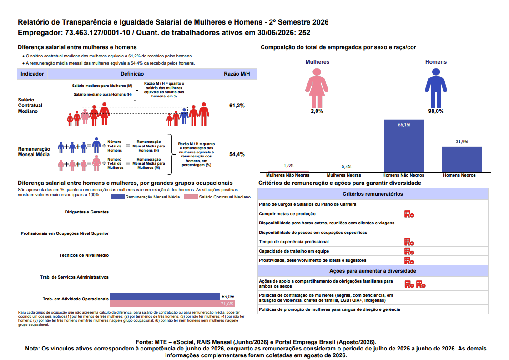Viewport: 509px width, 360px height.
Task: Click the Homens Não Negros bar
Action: tap(404, 146)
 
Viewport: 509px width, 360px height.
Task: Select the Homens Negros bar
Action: tap(462, 159)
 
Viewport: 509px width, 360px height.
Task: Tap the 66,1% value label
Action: tap(404, 125)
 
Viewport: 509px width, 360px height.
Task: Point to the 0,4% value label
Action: tap(346, 167)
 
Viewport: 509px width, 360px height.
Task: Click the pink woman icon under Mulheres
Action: tap(317, 88)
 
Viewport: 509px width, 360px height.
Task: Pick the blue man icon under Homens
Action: tap(436, 88)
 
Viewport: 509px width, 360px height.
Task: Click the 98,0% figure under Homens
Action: tap(436, 111)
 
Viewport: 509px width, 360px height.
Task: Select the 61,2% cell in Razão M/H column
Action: tap(237, 106)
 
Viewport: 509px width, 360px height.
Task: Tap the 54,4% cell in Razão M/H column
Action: tap(237, 154)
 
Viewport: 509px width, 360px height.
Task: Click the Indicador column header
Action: tap(32, 74)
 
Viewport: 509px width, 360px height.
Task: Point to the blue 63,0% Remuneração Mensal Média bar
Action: tap(165, 296)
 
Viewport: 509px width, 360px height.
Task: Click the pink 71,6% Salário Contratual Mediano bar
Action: tap(172, 304)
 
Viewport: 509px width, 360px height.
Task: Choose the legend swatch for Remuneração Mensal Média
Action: tap(117, 197)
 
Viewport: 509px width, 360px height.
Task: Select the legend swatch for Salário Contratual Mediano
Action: tap(191, 197)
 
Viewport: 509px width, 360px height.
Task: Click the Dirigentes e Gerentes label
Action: tap(87, 212)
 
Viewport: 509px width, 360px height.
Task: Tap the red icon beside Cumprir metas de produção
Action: tap(409, 214)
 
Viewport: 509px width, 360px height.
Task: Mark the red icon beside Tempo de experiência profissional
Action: tap(409, 242)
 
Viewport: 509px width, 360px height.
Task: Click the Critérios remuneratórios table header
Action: tap(373, 194)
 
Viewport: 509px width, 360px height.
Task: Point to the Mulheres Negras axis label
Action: tap(344, 175)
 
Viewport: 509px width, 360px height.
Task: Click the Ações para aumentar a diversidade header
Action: tap(373, 271)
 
